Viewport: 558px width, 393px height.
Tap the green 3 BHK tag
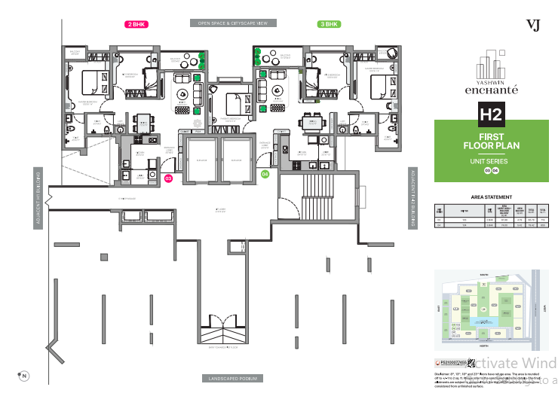coord(327,25)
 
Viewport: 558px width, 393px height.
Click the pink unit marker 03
coord(168,178)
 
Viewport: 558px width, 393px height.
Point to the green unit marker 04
coord(265,174)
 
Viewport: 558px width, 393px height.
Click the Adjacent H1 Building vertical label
coord(36,198)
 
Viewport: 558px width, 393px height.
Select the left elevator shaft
coord(201,159)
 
